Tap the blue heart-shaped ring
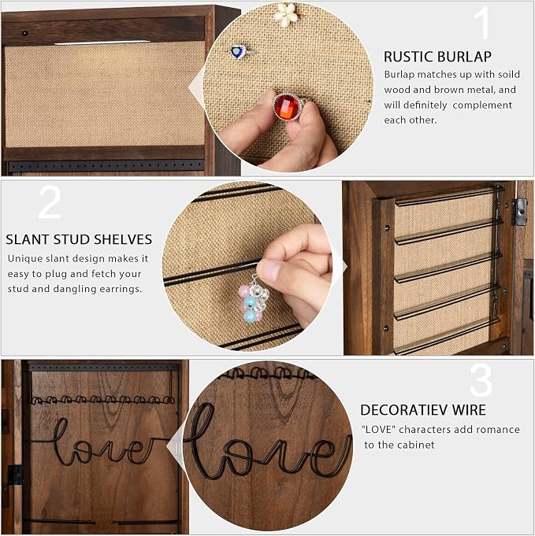coord(240,52)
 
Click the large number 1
coord(482,23)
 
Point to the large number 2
coord(50,202)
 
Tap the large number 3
coord(481,379)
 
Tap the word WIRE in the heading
coord(469,410)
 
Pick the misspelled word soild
coord(509,74)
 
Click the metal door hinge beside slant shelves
coord(519,212)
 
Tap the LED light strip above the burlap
coord(102,43)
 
